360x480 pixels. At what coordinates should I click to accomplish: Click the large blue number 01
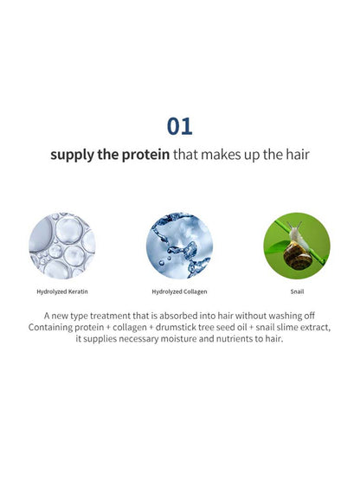tap(179, 126)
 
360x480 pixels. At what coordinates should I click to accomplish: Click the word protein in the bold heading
tap(145, 155)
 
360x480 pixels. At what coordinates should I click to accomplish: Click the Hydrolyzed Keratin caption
tap(62, 291)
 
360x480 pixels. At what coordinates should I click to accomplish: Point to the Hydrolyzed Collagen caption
tap(179, 291)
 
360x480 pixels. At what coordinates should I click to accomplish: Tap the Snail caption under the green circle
tap(297, 291)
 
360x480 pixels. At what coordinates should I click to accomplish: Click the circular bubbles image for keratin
tap(62, 246)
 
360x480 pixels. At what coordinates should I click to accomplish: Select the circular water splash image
tap(179, 246)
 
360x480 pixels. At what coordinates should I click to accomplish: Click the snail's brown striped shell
tap(298, 256)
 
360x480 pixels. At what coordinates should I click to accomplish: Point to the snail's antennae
tap(293, 226)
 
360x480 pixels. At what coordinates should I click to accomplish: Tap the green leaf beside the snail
tap(276, 246)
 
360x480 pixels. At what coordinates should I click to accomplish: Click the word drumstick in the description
tap(176, 327)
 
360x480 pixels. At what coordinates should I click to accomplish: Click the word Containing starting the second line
tap(50, 327)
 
